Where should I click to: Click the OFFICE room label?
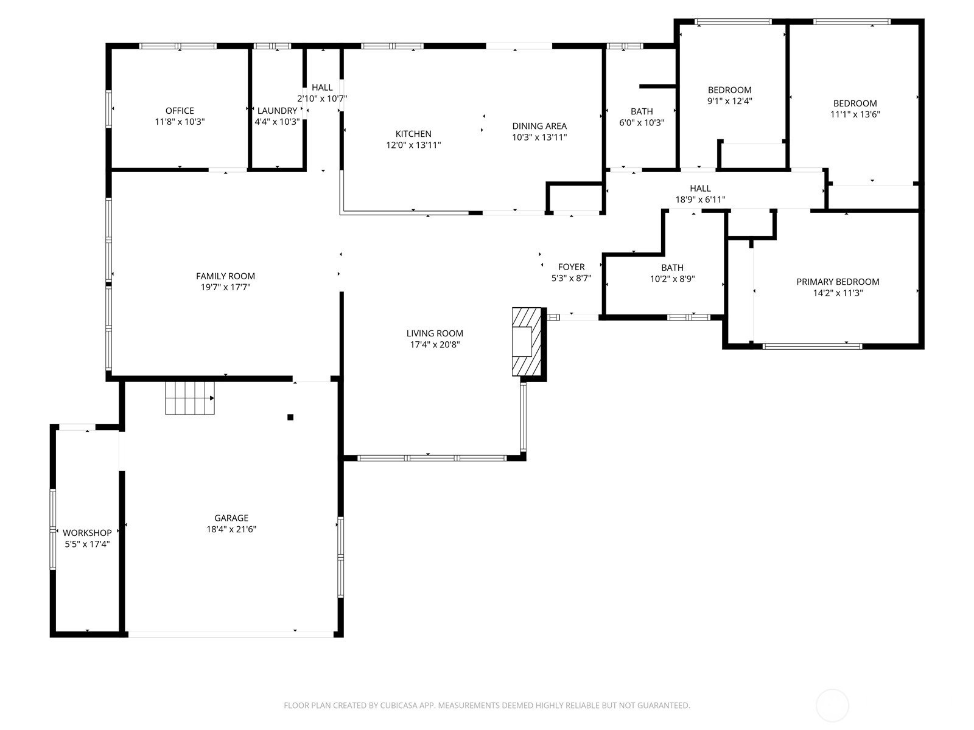pyautogui.click(x=180, y=111)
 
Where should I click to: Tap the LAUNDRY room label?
pyautogui.click(x=278, y=111)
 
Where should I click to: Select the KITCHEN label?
pyautogui.click(x=413, y=134)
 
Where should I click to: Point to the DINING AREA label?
pyautogui.click(x=539, y=127)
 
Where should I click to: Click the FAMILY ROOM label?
pyautogui.click(x=225, y=276)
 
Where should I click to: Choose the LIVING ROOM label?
pyautogui.click(x=435, y=333)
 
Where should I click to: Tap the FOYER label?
pyautogui.click(x=572, y=267)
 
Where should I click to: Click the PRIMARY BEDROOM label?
pyautogui.click(x=838, y=282)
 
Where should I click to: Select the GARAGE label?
pyautogui.click(x=231, y=518)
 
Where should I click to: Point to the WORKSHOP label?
pyautogui.click(x=87, y=533)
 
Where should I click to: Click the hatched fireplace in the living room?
pyautogui.click(x=527, y=342)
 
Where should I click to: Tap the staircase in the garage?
pyautogui.click(x=190, y=398)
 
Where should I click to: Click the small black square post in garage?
pyautogui.click(x=290, y=417)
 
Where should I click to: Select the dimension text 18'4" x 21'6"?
pyautogui.click(x=231, y=529)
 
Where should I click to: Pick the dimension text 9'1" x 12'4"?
pyautogui.click(x=729, y=101)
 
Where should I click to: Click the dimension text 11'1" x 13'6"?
pyautogui.click(x=855, y=114)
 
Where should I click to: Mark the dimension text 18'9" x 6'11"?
pyautogui.click(x=700, y=200)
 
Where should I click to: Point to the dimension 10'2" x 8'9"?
pyautogui.click(x=672, y=279)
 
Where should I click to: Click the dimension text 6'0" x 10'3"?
pyautogui.click(x=642, y=123)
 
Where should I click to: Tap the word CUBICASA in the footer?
pyautogui.click(x=399, y=706)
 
